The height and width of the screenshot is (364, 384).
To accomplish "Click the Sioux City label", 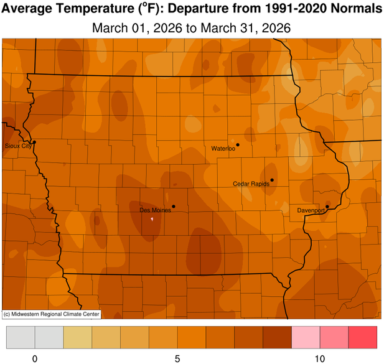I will [x=16, y=146].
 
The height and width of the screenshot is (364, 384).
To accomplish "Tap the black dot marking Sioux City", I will [x=34, y=142].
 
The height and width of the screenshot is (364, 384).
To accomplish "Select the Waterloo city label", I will [x=223, y=149].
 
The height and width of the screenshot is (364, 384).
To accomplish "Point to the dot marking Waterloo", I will [x=238, y=145].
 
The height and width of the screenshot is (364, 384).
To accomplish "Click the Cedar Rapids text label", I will [x=251, y=184].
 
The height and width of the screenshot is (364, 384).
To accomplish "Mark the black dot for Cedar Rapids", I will [x=272, y=180].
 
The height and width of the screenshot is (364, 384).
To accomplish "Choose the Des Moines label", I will [x=155, y=210].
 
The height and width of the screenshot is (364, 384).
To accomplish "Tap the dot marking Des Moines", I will [x=174, y=207].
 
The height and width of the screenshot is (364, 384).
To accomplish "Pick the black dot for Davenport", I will [x=327, y=207].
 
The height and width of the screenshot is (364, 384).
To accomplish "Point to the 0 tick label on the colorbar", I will [x=35, y=358].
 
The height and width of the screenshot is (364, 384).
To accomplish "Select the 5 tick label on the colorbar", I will [x=177, y=358].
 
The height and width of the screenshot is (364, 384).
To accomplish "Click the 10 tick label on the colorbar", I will [x=320, y=358].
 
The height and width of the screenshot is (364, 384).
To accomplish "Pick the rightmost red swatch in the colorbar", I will [x=363, y=338].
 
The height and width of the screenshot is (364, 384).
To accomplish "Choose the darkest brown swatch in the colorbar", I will [x=278, y=338].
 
